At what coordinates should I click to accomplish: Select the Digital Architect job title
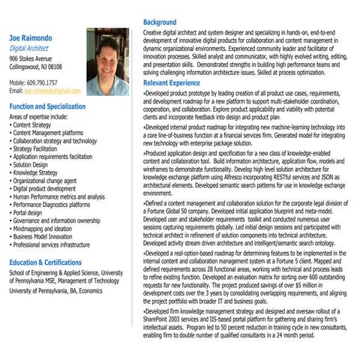click(31, 46)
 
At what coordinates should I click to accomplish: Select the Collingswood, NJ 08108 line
click(35, 66)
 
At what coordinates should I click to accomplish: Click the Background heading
click(160, 22)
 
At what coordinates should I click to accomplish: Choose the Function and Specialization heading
click(48, 106)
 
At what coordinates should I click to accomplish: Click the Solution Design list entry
click(34, 164)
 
